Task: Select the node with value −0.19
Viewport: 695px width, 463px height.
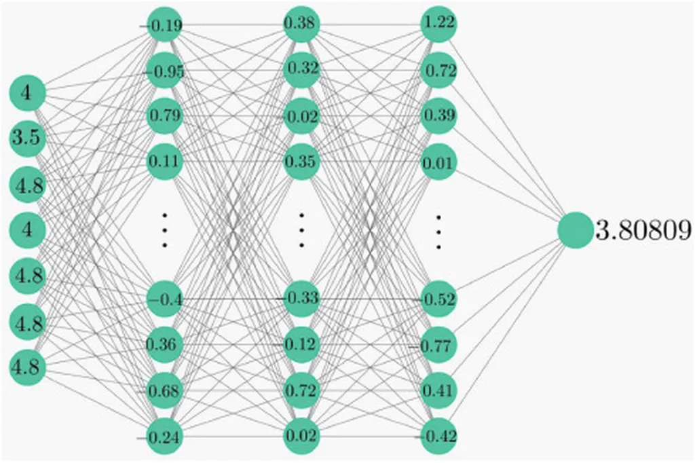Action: (x=165, y=25)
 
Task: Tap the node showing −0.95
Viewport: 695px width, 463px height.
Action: (x=165, y=71)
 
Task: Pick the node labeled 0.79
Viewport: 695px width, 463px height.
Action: (x=165, y=115)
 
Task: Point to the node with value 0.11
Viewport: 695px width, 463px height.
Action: (x=165, y=162)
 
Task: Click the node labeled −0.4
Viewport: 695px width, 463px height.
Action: (x=165, y=299)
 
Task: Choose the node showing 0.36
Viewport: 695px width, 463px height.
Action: (x=165, y=344)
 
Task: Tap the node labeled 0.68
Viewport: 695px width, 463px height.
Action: (x=165, y=390)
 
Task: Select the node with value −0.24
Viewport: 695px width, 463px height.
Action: (x=165, y=437)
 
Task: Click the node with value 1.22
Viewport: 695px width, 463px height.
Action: (x=439, y=24)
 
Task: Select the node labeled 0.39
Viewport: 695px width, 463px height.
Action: (x=439, y=115)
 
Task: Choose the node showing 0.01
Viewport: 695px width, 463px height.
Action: (x=439, y=162)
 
